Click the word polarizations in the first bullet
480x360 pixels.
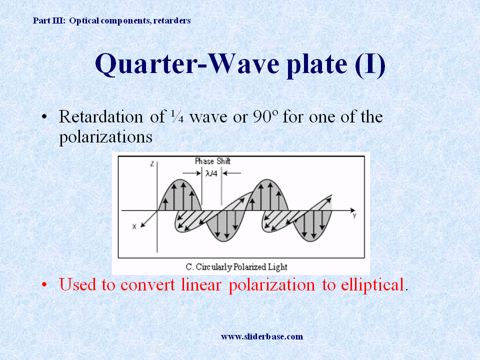(105, 137)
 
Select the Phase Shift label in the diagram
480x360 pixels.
(212, 161)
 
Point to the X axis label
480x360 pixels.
(134, 226)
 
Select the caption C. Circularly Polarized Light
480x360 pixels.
(242, 266)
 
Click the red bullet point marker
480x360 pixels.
(45, 285)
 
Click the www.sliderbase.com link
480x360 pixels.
(262, 336)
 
